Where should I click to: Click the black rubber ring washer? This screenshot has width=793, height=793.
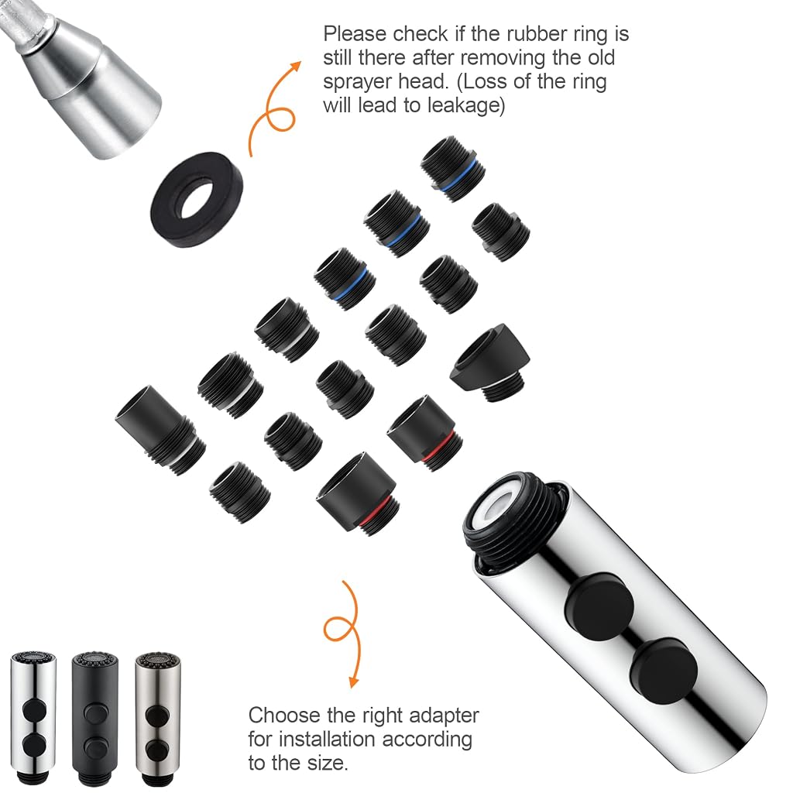coord(197,200)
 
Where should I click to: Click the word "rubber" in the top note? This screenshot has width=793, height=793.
coord(537,34)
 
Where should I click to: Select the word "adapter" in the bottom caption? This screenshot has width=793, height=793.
coord(444,716)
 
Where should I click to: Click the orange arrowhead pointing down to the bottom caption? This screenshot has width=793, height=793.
coord(353,680)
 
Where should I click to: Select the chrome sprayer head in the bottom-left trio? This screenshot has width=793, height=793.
coord(33,718)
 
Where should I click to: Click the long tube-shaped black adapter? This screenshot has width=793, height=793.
coord(160,430)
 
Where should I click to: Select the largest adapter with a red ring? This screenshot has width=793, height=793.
coord(358,493)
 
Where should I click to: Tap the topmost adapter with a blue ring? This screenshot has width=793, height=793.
coord(452,169)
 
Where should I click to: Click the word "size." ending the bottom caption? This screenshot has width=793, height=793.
coord(324,763)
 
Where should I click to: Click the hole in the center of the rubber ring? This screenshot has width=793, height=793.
coord(197,199)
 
